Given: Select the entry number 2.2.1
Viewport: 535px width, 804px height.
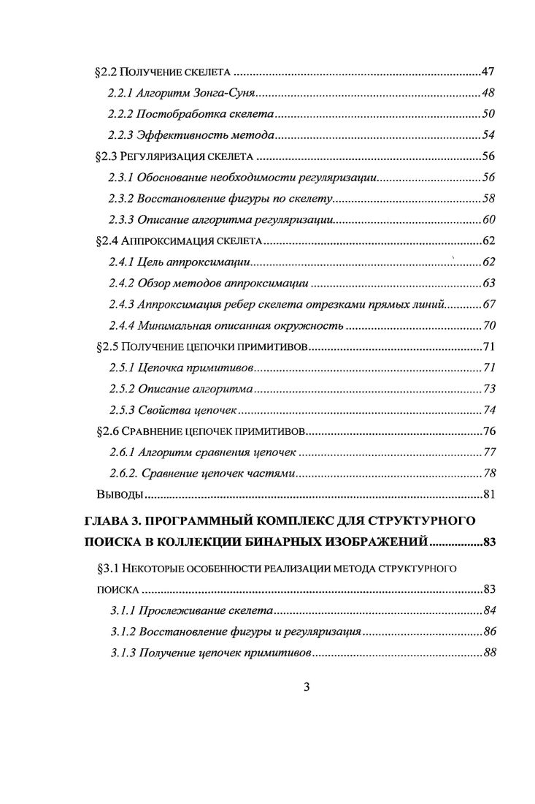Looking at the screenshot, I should (x=121, y=94).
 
